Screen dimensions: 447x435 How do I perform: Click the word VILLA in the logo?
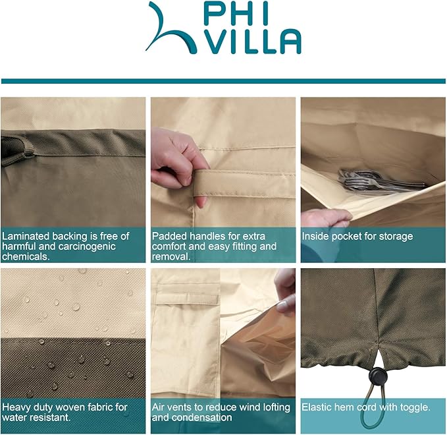(x=253, y=42)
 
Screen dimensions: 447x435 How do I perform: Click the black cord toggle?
(x=378, y=376)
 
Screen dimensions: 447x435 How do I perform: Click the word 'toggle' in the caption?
(x=415, y=407)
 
